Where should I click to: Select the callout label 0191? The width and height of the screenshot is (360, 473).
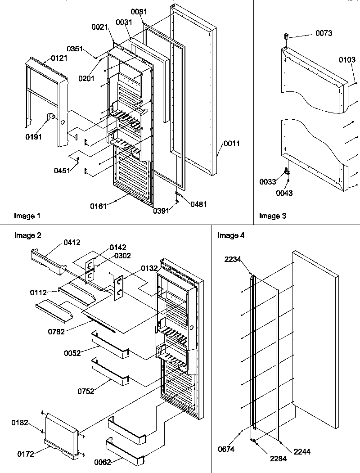tap(34, 137)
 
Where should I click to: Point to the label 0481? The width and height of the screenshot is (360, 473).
tap(198, 204)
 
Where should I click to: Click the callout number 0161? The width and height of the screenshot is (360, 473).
tap(99, 206)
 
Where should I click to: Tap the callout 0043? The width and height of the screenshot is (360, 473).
tap(284, 193)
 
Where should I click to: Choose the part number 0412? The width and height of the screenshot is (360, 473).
tap(72, 243)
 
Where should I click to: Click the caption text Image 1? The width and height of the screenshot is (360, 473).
tap(27, 216)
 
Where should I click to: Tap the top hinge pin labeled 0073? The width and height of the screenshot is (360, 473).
tap(286, 36)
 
